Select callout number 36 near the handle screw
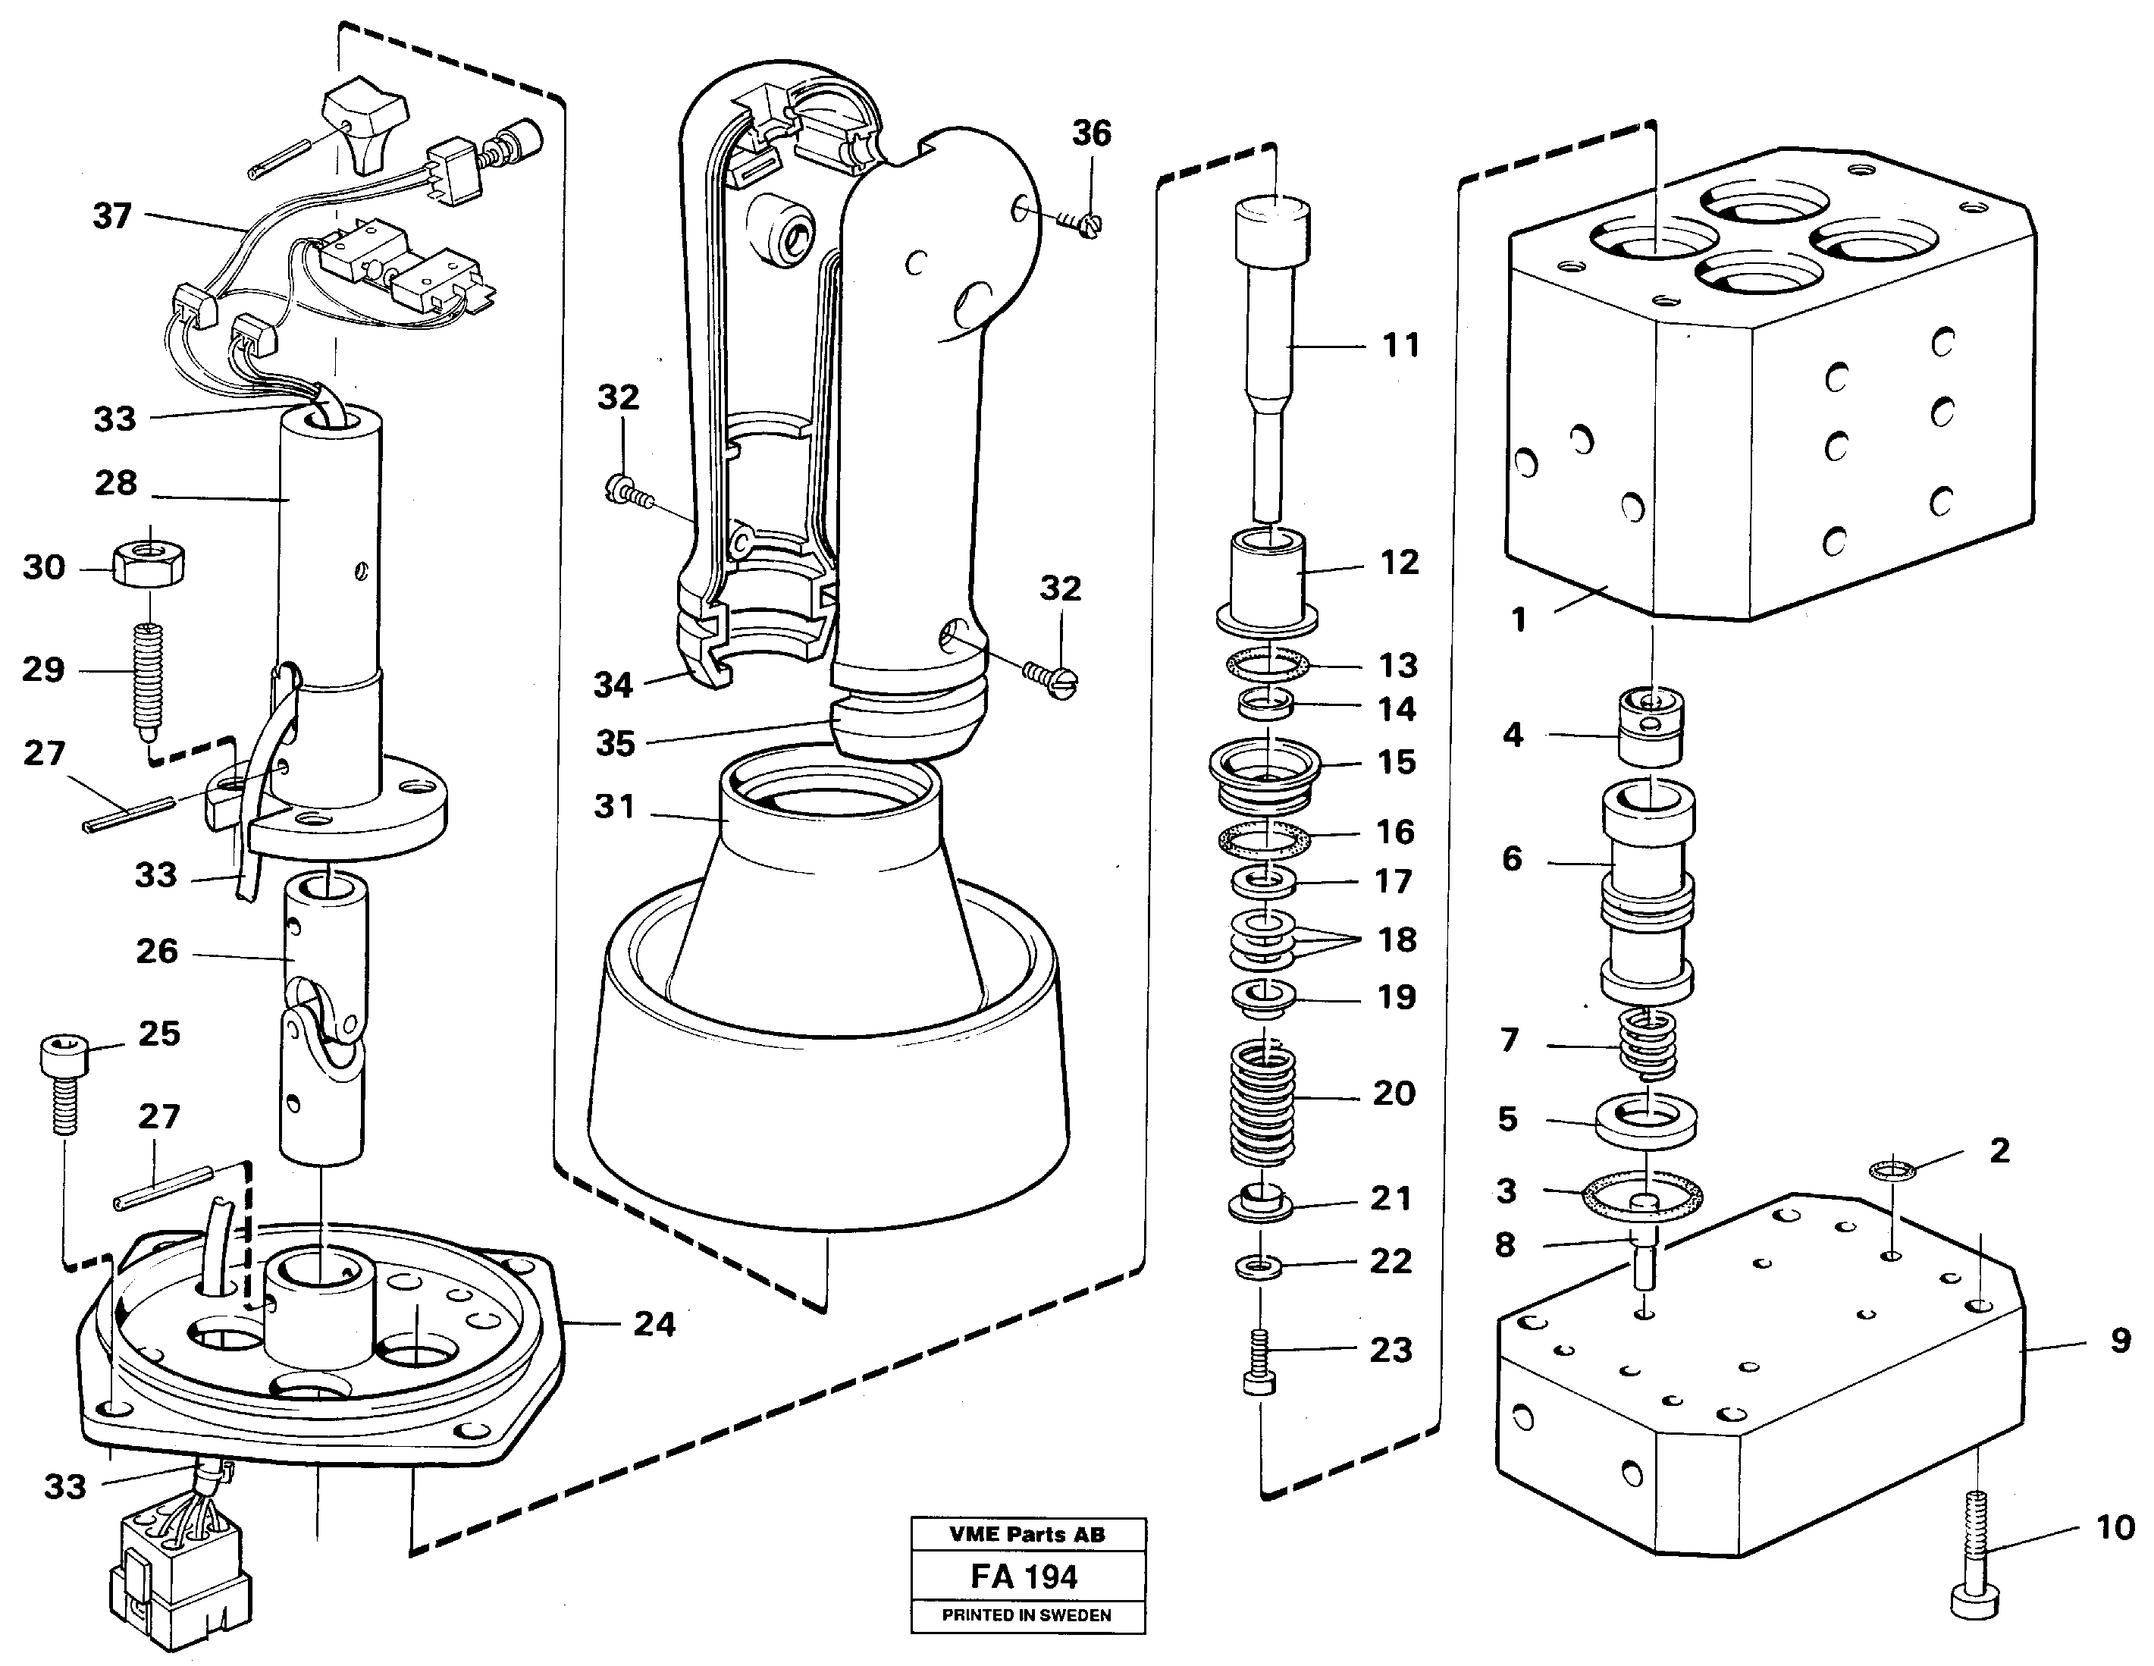1091,133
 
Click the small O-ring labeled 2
1892,1170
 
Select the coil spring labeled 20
1262,1105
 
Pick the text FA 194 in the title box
1025,1577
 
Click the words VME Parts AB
1026,1534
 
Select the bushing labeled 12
1268,582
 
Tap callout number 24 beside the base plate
654,1324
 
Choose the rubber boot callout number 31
614,807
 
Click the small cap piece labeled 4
1650,728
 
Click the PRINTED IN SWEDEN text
1026,1614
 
